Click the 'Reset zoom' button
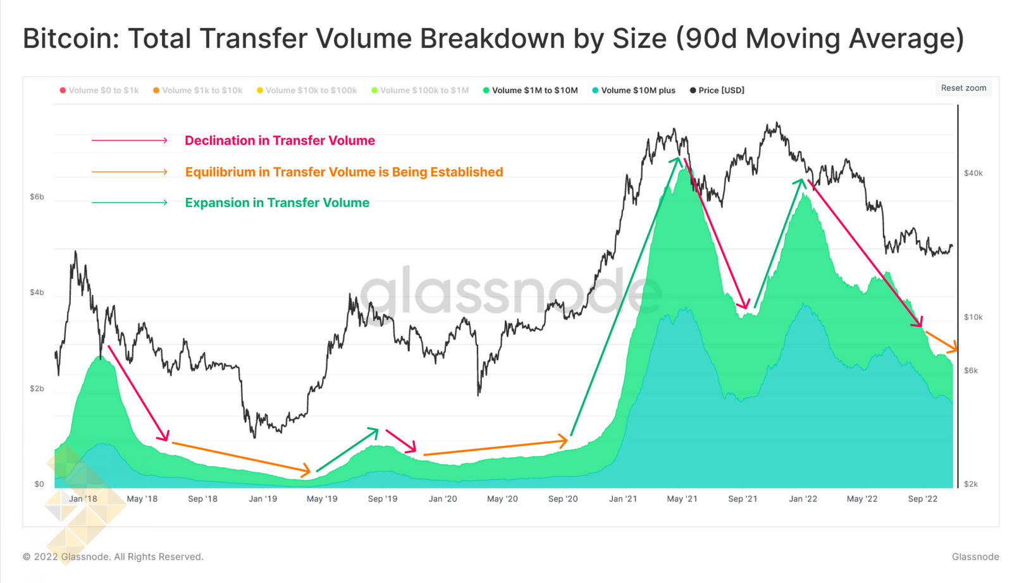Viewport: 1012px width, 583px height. pos(963,88)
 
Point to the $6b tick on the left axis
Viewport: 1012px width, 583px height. pos(37,197)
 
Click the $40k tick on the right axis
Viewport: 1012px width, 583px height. pos(973,173)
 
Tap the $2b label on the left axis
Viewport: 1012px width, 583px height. pos(37,388)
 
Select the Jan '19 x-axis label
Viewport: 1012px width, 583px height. pos(262,499)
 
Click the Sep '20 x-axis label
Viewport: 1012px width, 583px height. pos(563,499)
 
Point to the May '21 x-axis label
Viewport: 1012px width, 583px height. pos(682,499)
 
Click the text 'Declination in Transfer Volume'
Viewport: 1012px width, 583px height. pos(280,140)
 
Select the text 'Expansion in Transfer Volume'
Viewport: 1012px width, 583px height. pos(277,203)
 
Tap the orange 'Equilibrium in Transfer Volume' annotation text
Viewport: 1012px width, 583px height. pos(344,172)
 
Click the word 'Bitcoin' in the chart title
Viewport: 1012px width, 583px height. pos(68,39)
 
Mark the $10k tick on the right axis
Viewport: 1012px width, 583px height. pos(973,317)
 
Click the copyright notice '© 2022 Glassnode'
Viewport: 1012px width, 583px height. pos(113,557)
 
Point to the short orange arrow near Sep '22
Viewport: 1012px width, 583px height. pos(941,341)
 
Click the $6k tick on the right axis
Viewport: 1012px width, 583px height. pos(971,371)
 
